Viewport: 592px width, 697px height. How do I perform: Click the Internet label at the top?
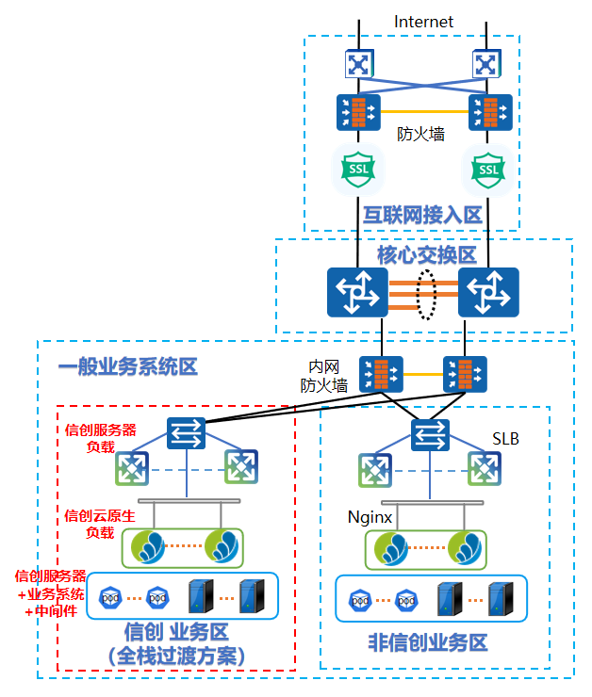(x=423, y=22)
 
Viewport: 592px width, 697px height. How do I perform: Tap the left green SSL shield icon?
(x=358, y=168)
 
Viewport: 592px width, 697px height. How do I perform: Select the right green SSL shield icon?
(x=487, y=168)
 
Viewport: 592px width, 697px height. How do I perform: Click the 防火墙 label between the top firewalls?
(x=420, y=135)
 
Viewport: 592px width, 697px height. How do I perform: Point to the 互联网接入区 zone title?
(x=422, y=216)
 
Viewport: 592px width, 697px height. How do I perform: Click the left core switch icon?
(x=357, y=293)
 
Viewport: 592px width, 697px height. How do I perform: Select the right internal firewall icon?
(x=466, y=374)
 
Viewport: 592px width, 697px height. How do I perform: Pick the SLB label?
(x=506, y=440)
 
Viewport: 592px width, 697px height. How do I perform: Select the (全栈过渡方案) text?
(x=176, y=655)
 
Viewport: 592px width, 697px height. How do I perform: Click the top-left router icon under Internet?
(x=358, y=64)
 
